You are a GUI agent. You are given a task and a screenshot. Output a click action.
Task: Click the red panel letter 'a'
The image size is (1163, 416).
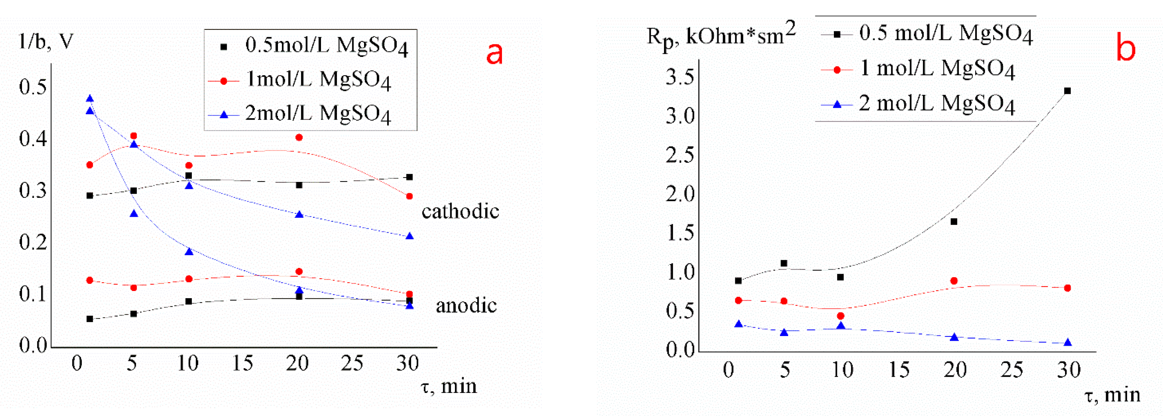click(494, 54)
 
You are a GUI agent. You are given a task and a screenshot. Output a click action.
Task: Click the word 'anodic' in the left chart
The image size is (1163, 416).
click(466, 306)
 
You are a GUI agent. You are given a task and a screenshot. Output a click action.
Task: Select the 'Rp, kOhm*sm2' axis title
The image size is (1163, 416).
click(721, 35)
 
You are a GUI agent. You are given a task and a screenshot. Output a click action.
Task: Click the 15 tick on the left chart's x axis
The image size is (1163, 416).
click(242, 363)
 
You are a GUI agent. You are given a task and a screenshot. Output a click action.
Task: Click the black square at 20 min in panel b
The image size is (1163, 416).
click(954, 222)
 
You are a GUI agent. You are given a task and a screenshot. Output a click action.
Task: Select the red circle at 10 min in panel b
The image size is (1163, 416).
click(840, 316)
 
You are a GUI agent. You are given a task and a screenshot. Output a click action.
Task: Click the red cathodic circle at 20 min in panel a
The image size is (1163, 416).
click(298, 138)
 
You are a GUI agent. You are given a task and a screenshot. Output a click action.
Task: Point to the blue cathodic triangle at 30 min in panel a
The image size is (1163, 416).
click(409, 236)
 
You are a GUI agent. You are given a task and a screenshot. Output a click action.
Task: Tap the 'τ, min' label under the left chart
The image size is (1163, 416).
click(449, 387)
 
